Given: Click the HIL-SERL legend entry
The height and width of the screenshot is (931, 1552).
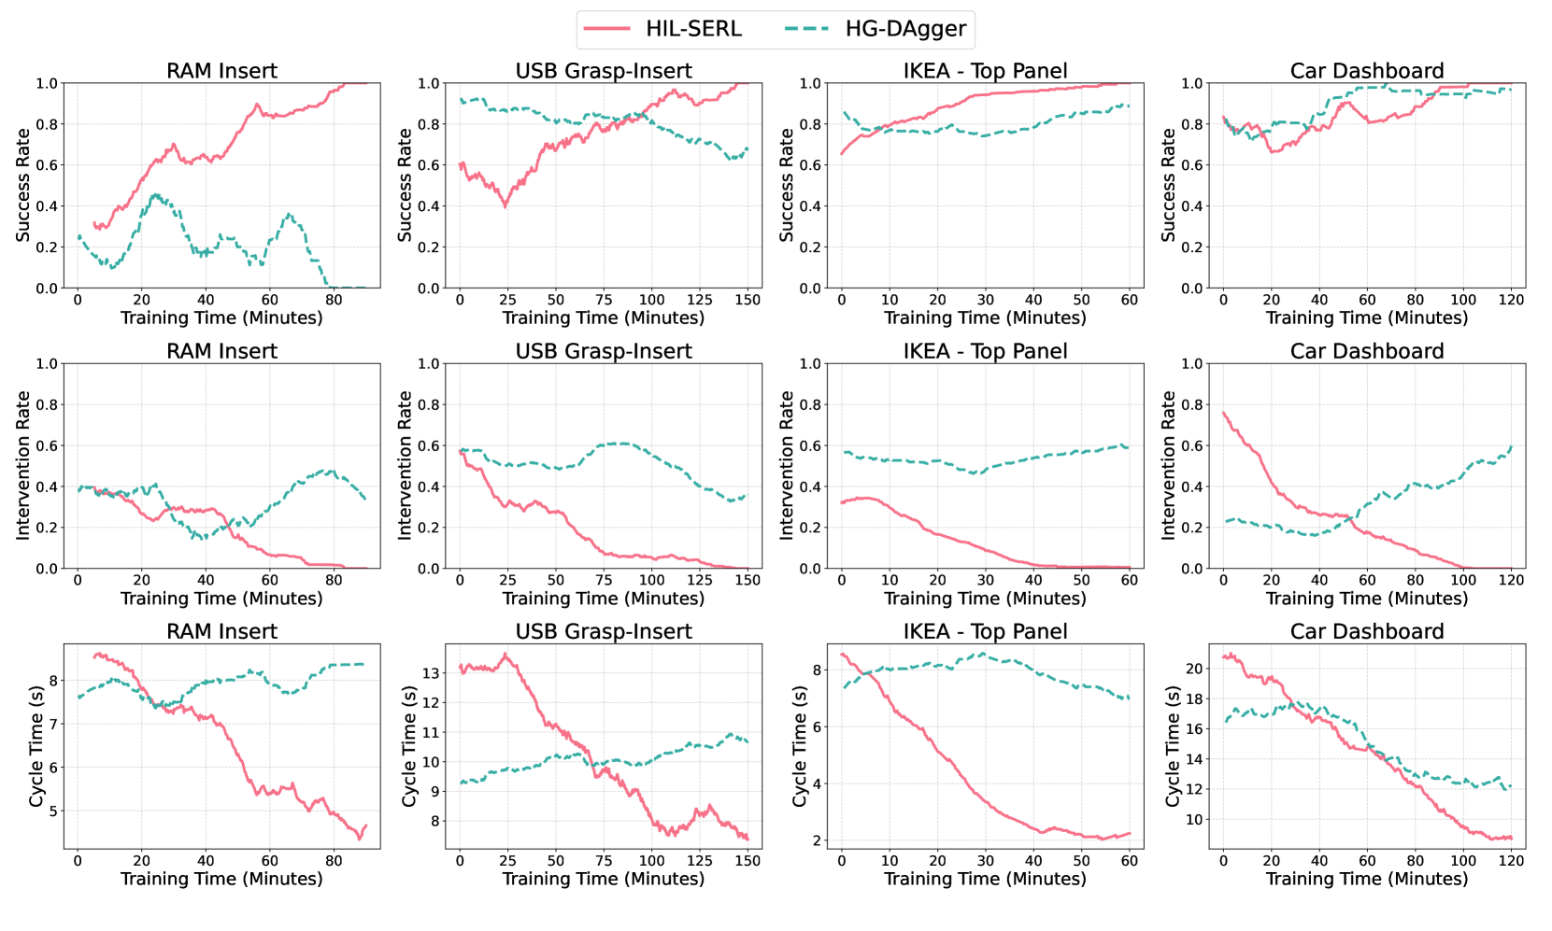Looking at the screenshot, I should point(692,29).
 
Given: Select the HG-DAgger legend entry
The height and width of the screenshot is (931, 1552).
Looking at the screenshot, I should point(904,29).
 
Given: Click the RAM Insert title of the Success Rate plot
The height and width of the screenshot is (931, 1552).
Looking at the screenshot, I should point(221,71).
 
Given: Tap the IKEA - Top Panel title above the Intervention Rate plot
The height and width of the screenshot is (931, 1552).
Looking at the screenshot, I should point(985,351).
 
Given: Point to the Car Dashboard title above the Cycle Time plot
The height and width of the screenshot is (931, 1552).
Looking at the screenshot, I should point(1366,631).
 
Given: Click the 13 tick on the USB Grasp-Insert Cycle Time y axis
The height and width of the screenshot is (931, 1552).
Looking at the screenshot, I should point(430,673).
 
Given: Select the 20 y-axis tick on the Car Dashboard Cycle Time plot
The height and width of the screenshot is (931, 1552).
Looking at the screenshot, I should point(1193,669).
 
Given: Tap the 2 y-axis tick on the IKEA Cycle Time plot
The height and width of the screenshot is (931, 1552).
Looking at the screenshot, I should point(817,840).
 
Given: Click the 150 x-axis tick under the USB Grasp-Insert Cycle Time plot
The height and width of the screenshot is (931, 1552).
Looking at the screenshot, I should point(748,860).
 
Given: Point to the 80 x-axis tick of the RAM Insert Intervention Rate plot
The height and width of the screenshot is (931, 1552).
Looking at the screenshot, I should point(334,580).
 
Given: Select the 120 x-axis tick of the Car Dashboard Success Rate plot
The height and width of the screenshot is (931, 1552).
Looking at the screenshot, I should point(1511,300).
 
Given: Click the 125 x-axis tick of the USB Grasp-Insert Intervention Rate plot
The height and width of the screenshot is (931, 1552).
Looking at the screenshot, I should point(700,580).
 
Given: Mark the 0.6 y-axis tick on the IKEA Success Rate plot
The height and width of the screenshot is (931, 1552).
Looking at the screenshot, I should point(810,165).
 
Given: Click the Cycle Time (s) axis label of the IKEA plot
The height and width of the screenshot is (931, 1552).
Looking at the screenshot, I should point(800,746).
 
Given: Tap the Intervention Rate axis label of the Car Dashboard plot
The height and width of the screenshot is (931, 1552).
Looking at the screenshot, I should point(1168,465).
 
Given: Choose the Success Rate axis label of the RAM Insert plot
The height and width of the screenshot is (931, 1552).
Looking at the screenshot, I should point(23,185).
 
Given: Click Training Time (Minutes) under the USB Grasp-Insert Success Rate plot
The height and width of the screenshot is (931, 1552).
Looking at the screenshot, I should point(604,317).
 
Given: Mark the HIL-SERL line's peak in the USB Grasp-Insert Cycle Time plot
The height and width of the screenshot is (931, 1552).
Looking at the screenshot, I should point(505,655).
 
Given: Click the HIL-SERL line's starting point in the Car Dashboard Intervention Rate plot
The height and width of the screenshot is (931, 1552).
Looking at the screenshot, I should point(1223,412).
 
